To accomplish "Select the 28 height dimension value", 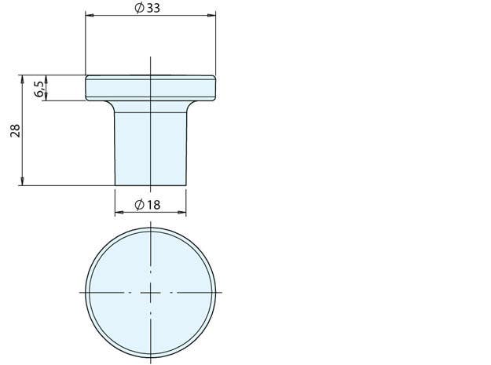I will pos(14,130).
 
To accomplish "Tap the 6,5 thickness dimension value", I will pos(38,88).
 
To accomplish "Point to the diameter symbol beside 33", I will pos(139,8).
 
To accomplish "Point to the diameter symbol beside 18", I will pos(139,205).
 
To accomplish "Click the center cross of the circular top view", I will pos(150,292).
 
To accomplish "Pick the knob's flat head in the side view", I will pos(150,88).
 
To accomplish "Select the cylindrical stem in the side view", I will pos(150,145).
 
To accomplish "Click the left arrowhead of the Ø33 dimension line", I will pos(88,15).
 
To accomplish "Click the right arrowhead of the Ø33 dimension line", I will pos(212,15).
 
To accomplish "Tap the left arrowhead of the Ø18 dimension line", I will pos(119,212).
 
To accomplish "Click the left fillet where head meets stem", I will pos(112,104).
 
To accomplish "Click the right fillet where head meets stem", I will pos(189,104).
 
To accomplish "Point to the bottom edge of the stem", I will pos(150,185).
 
